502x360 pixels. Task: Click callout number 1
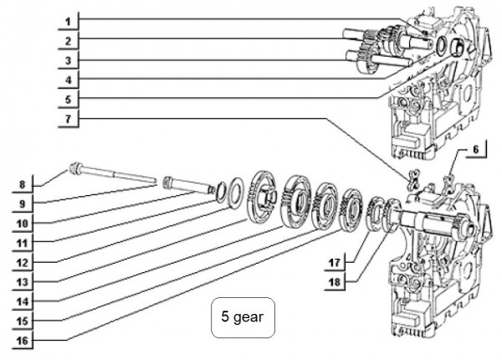(69, 18)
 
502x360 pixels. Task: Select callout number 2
(69, 39)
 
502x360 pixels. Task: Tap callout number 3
(69, 60)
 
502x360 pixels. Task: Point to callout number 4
(69, 81)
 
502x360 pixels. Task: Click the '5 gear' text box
(243, 318)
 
